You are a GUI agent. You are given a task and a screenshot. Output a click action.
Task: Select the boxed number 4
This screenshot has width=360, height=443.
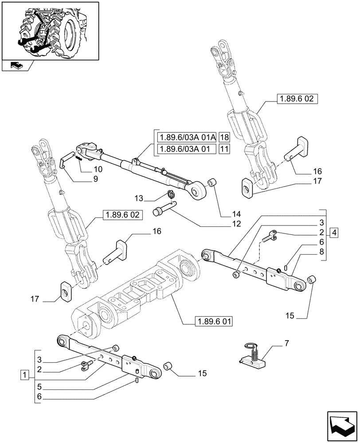(x=334, y=233)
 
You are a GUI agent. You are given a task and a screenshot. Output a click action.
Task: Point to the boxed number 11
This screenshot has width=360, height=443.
(x=224, y=149)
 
